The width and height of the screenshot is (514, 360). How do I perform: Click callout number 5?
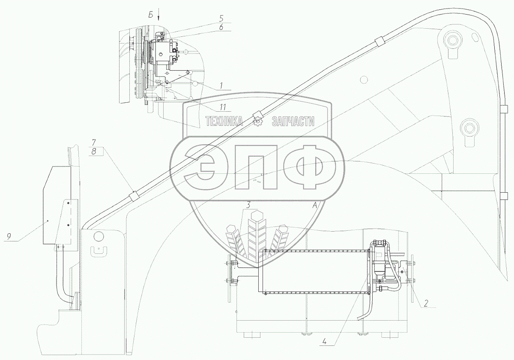pos(221,18)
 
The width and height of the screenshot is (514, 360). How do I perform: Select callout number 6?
pos(221,27)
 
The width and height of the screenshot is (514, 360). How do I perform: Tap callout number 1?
pos(221,86)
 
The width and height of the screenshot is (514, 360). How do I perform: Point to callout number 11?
pos(223,107)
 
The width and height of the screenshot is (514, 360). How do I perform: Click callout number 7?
pos(94,142)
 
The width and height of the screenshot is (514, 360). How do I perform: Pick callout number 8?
pos(94,151)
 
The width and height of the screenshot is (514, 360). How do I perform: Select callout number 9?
pos(9,236)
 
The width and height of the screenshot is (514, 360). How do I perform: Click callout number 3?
pos(248,205)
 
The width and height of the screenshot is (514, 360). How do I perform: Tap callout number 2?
pos(426,303)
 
